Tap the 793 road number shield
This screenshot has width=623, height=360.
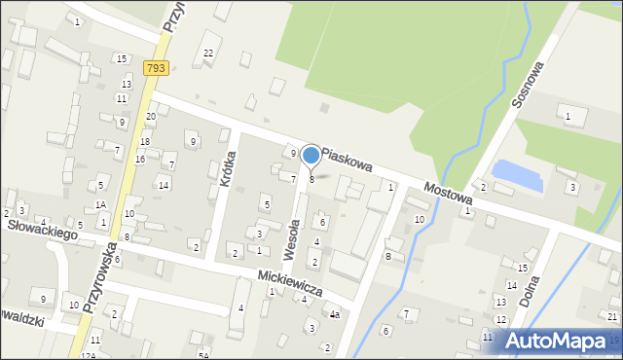pyautogui.click(x=157, y=68)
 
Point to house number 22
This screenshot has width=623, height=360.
pyautogui.click(x=208, y=53)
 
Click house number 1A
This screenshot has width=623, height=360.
pyautogui.click(x=100, y=205)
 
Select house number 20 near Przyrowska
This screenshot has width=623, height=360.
pyautogui.click(x=150, y=117)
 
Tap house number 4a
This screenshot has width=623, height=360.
pyautogui.click(x=334, y=314)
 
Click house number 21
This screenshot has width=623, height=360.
pyautogui.click(x=611, y=316)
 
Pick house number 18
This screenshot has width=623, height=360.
pyautogui.click(x=144, y=143)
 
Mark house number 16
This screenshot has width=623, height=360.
pyautogui.click(x=140, y=159)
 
